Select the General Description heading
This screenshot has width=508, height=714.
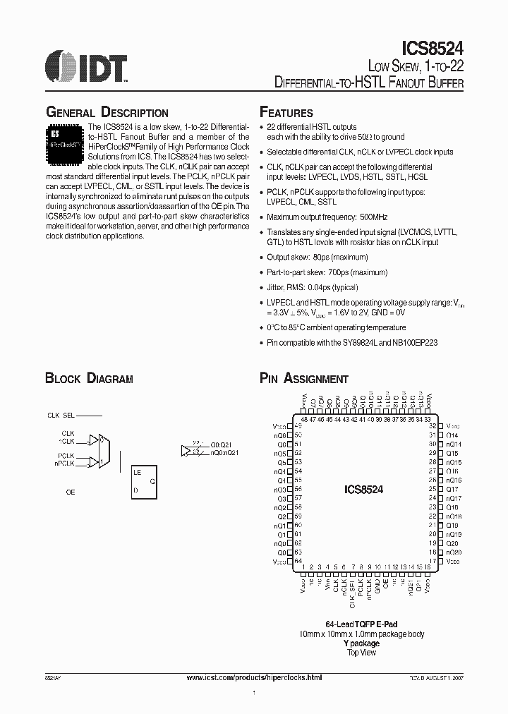107,113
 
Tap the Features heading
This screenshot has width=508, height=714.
286,113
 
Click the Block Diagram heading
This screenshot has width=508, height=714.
89,379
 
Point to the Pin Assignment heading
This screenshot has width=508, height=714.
304,379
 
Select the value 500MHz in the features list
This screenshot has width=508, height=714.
372,217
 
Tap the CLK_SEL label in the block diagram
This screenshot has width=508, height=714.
61,416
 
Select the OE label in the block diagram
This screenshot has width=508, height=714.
71,492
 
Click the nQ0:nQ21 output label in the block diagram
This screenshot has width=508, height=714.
224,452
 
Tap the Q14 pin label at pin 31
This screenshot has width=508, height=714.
452,435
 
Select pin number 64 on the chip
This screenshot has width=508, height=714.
298,561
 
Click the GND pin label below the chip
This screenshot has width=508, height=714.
377,585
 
